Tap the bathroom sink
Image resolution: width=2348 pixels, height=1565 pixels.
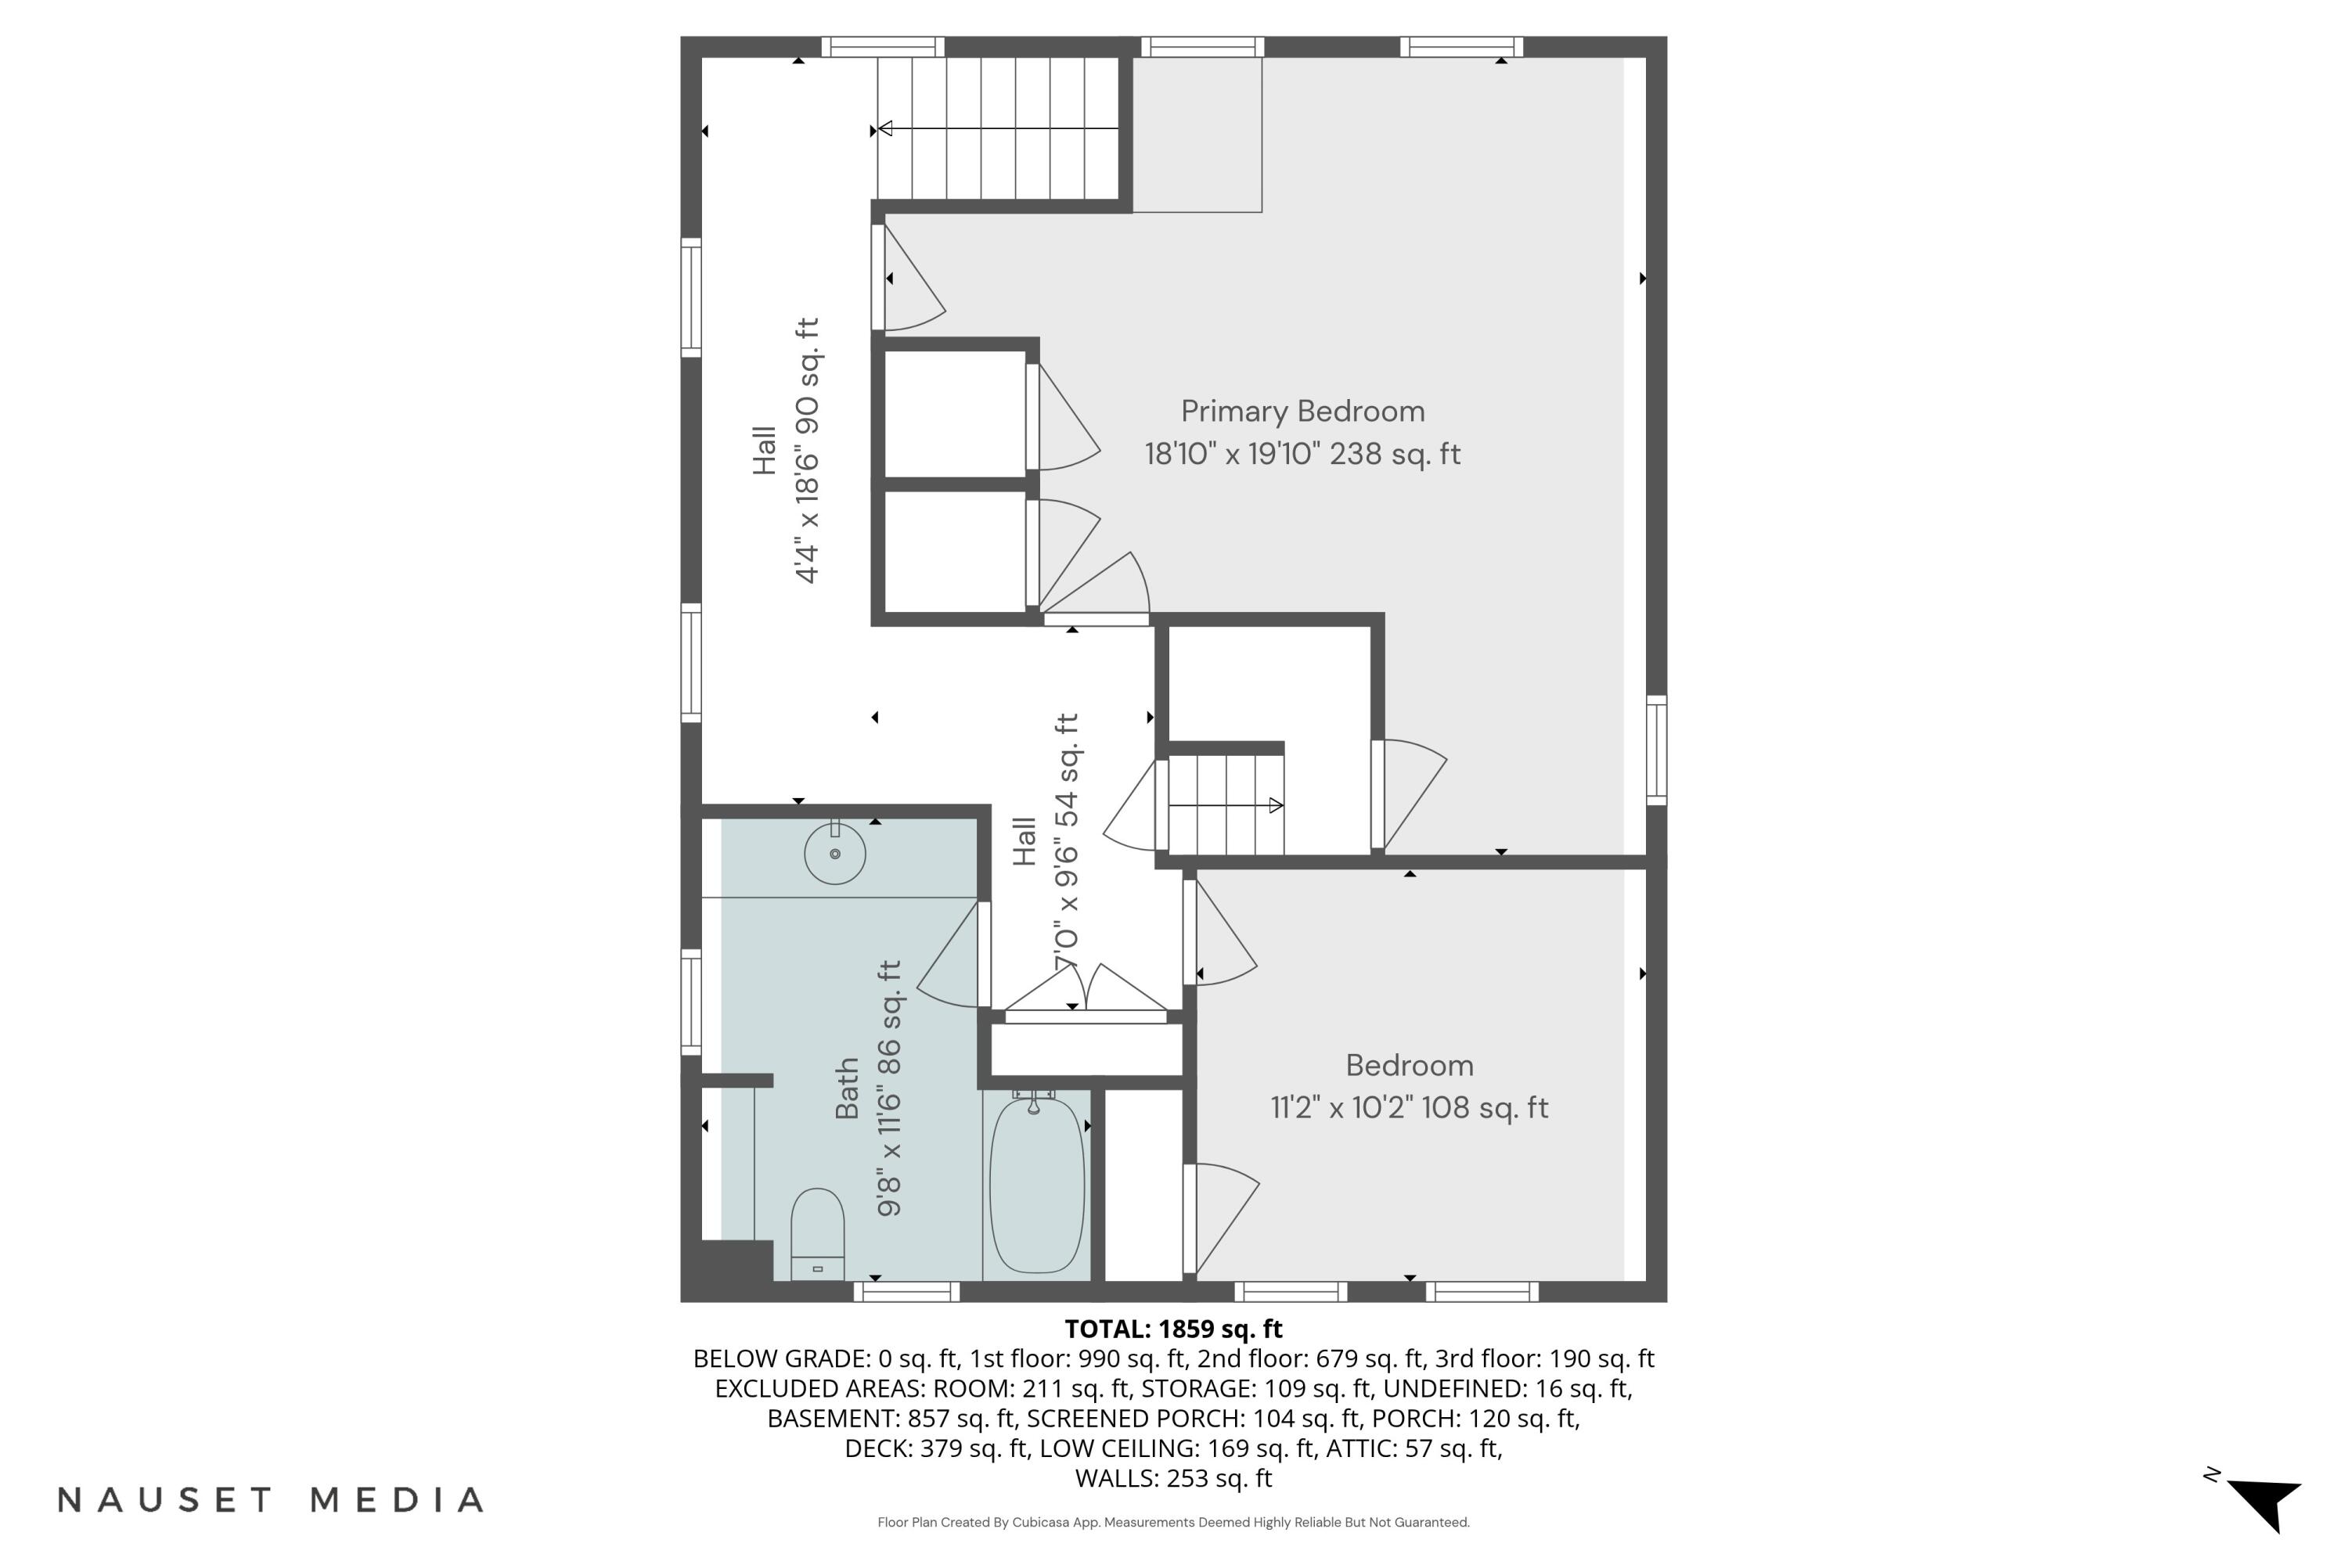[x=834, y=854]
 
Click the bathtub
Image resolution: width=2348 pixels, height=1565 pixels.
[x=1036, y=1184]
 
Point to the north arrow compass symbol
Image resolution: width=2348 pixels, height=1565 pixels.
[x=2264, y=1503]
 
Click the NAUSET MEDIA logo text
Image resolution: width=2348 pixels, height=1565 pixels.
[x=271, y=1500]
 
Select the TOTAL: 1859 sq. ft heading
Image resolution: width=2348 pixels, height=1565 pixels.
[x=1173, y=1329]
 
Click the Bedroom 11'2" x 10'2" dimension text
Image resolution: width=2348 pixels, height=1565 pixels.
[x=1409, y=1108]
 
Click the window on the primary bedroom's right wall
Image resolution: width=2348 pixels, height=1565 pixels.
[x=1656, y=750]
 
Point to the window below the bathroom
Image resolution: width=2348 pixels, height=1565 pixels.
[x=906, y=1292]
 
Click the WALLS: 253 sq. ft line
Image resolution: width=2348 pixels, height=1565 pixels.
[x=1173, y=1478]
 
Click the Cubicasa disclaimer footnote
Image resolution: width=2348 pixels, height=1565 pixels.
[x=1173, y=1522]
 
